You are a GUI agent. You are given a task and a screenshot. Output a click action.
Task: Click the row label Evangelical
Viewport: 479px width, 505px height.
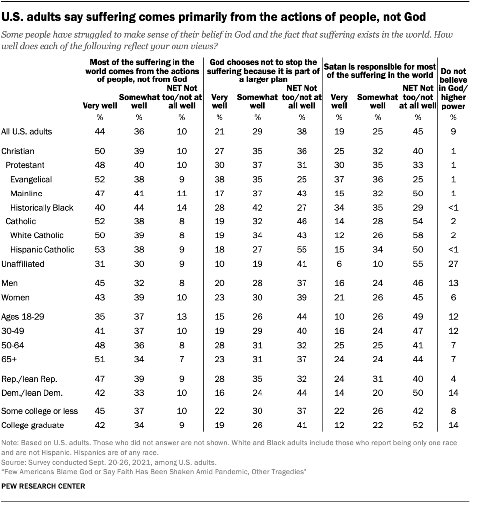(x=31, y=179)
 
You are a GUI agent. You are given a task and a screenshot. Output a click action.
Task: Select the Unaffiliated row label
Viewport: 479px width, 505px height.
(x=23, y=264)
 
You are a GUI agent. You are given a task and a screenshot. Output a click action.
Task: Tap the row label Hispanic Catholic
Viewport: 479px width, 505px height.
(x=42, y=249)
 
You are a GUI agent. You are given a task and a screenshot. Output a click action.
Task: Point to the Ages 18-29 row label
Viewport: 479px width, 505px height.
(x=23, y=316)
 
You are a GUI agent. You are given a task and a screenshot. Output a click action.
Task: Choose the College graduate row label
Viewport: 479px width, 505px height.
(x=33, y=425)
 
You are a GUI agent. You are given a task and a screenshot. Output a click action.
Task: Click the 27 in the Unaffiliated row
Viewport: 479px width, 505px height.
(x=453, y=264)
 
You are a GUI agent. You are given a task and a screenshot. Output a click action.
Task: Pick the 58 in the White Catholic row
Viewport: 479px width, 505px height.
(x=418, y=235)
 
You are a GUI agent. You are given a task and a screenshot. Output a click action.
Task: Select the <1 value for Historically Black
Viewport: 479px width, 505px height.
(x=453, y=207)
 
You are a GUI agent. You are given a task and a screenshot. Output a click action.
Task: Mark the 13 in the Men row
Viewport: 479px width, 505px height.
(x=453, y=283)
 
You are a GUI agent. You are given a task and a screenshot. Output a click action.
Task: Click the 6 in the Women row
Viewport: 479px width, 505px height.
(x=453, y=297)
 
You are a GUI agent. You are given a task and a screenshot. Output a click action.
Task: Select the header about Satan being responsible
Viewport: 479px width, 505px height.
(x=380, y=70)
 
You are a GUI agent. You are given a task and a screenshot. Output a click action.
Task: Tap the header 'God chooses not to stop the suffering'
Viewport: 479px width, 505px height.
(x=263, y=70)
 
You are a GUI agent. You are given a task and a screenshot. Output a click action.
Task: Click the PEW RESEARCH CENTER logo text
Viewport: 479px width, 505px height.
(x=44, y=486)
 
